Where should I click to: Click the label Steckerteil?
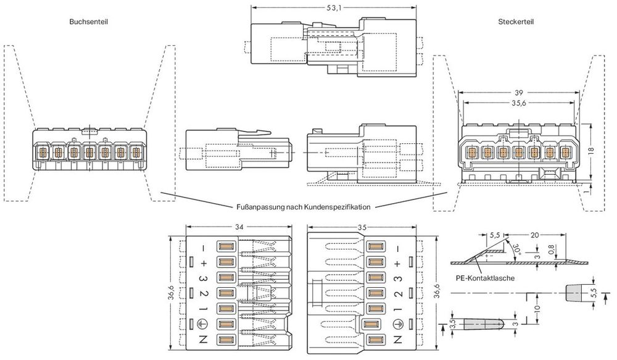click(516, 21)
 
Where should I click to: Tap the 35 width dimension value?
click(362, 228)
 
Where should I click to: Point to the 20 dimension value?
click(534, 235)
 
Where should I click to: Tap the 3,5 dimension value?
click(452, 324)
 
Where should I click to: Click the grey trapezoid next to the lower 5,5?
click(575, 292)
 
